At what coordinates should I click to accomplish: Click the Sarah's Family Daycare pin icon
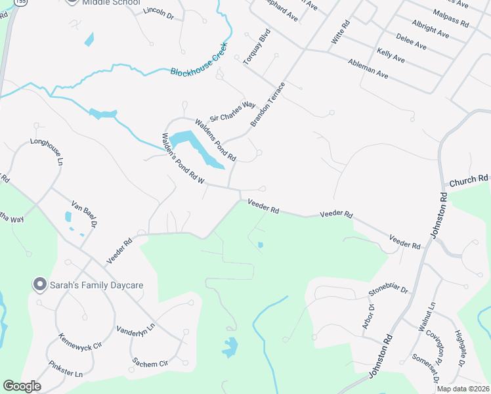coord(39,285)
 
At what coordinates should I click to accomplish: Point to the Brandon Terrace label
coord(268,104)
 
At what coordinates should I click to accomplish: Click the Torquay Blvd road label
coord(257,46)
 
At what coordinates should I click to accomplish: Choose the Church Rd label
coord(469,179)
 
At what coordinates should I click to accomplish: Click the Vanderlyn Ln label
coord(136,328)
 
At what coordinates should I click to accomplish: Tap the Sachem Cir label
coord(150,362)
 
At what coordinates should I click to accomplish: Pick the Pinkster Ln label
coord(66,369)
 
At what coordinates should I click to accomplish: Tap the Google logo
coord(22,385)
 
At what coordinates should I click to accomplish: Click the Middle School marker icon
coord(72,2)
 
